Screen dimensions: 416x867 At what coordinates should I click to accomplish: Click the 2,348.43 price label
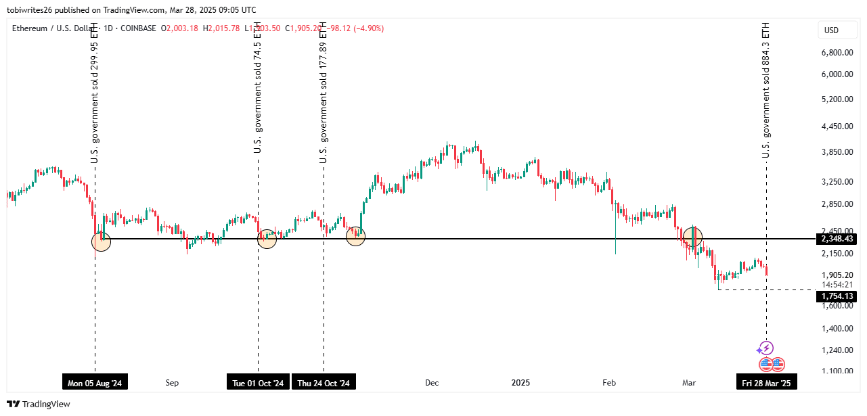[x=837, y=239]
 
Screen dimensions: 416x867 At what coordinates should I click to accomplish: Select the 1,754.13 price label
[x=837, y=296]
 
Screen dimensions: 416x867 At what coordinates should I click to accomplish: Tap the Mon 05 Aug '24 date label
[x=95, y=383]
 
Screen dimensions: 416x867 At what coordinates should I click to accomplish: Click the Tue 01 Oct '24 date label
[x=258, y=383]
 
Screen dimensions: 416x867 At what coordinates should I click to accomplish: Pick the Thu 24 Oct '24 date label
[x=324, y=383]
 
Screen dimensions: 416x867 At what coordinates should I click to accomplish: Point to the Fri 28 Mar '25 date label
[x=766, y=383]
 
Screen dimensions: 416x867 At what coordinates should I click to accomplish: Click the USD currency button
[x=830, y=30]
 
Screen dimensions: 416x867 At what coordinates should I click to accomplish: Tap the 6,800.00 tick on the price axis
[x=836, y=53]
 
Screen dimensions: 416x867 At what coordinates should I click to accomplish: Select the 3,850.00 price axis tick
[x=836, y=152]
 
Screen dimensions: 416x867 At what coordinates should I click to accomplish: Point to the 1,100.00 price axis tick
[x=836, y=371]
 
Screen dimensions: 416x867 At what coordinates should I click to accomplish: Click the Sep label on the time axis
[x=172, y=383]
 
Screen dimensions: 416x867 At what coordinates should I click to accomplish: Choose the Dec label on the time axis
[x=432, y=383]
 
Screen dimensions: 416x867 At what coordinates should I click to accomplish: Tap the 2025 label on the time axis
[x=520, y=383]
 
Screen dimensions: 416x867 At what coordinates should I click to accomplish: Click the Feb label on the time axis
[x=609, y=383]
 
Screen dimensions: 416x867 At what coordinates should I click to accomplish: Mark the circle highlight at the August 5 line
[x=101, y=241]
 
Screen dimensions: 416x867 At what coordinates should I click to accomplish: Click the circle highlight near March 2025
[x=692, y=237]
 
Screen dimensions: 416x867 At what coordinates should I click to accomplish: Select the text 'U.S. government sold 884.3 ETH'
[x=766, y=91]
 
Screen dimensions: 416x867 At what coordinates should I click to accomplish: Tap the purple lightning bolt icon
[x=765, y=348]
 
